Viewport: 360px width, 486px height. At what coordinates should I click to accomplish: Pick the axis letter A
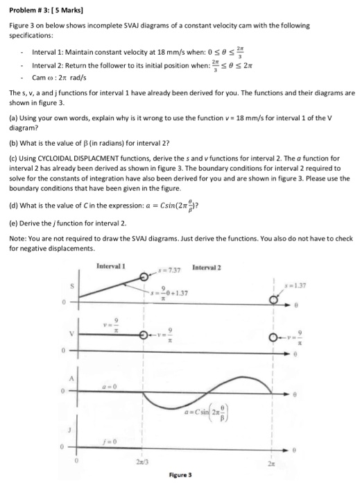click(69, 379)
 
